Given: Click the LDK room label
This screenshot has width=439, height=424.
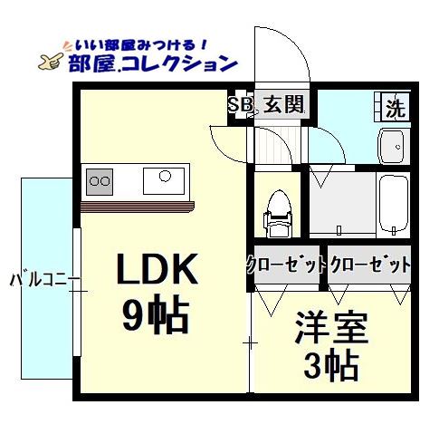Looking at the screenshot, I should pos(155,269).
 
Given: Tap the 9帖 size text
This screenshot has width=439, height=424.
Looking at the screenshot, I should pos(155,316).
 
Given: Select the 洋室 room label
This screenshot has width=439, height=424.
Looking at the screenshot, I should pos(330,327).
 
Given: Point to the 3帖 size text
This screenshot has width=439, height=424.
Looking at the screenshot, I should pos(330,367).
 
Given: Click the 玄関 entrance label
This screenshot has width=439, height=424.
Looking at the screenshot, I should pos(284,105).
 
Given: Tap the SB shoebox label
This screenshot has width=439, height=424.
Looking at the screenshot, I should pos(240,105).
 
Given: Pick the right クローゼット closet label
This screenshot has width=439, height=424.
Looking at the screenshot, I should pos(370,265).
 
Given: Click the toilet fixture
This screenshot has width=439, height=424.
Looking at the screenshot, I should pos(277,216).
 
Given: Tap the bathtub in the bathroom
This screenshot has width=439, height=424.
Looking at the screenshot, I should pos(395,204).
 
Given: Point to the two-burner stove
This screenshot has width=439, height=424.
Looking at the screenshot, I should pos(99,182).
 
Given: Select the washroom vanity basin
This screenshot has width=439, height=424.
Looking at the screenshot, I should pos(392,145).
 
